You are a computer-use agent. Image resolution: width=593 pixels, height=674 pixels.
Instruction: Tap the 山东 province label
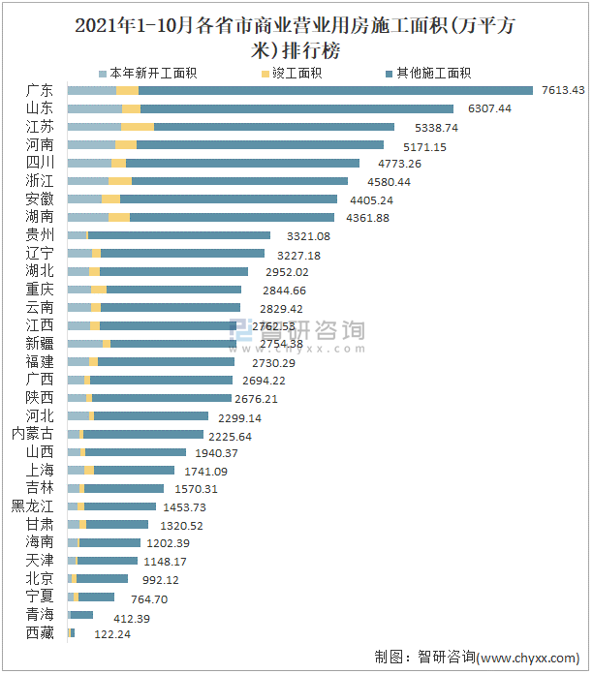tap(41, 108)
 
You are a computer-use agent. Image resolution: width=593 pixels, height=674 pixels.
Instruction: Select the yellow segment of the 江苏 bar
tap(138, 127)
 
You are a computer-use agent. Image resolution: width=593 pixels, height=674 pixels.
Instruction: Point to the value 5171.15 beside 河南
tap(418, 145)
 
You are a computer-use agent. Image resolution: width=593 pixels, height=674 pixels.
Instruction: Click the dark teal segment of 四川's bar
tap(242, 163)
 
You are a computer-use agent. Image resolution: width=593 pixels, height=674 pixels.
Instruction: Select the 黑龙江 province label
tap(33, 506)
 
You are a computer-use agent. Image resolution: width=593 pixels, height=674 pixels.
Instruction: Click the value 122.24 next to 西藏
tap(101, 633)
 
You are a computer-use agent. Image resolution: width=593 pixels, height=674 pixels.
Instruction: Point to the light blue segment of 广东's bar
tap(91, 90)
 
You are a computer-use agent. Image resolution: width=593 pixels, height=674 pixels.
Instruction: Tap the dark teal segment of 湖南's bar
tap(232, 217)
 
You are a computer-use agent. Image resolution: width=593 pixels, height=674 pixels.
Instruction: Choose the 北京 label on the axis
tap(41, 578)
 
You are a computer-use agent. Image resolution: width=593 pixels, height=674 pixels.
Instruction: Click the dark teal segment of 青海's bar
tap(82, 615)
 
